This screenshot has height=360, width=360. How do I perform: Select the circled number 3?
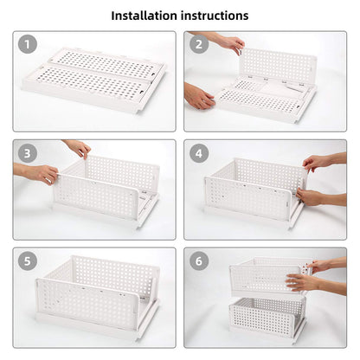(x=29, y=154)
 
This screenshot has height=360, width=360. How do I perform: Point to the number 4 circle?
(x=200, y=154)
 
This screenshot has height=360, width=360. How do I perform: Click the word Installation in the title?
(x=148, y=16)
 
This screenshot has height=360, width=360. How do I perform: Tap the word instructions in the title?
(x=217, y=16)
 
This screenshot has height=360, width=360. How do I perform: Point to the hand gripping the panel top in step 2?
(x=229, y=42)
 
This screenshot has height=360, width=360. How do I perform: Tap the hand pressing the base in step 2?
(x=199, y=96)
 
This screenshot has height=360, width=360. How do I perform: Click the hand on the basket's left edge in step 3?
(x=39, y=174)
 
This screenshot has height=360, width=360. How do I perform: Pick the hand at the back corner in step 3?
(x=79, y=148)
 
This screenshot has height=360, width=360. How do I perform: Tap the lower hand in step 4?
(x=309, y=196)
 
